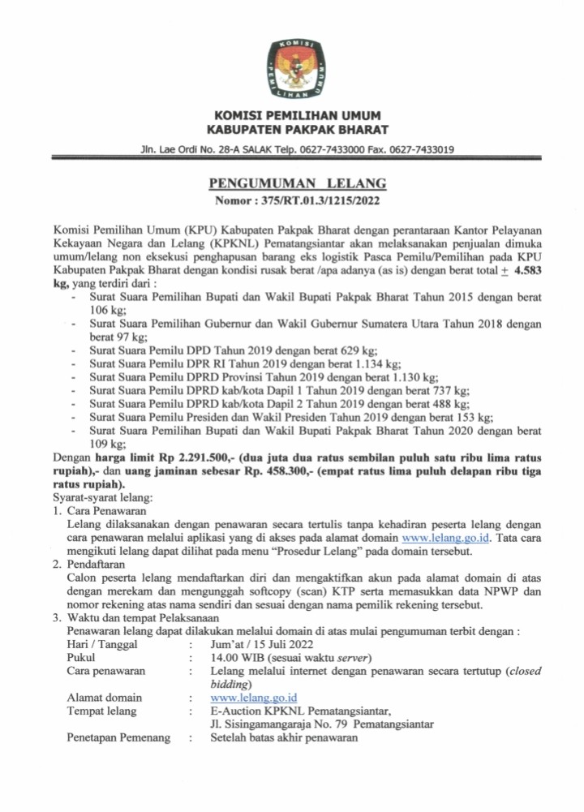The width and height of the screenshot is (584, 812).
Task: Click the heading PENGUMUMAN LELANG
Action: (297, 184)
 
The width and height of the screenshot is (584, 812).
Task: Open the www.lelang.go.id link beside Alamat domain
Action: (253, 697)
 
